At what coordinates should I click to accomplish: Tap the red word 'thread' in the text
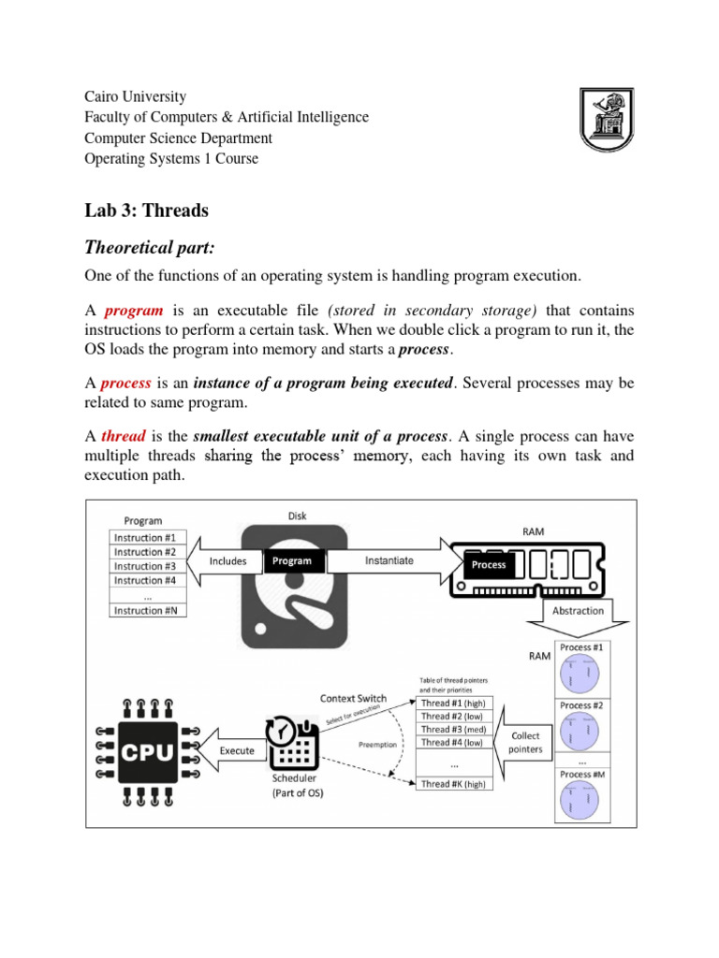coord(123,436)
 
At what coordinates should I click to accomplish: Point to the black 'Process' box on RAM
coord(489,564)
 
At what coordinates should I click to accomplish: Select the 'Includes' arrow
coord(225,561)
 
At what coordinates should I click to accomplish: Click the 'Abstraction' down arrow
coord(578,611)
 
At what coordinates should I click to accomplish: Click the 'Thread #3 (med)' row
coord(454,729)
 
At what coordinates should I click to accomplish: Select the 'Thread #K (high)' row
coord(454,784)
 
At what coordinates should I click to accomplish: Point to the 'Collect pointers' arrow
coord(523,743)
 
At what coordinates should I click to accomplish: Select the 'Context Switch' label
coord(354,698)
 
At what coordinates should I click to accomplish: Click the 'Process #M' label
coord(581,774)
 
